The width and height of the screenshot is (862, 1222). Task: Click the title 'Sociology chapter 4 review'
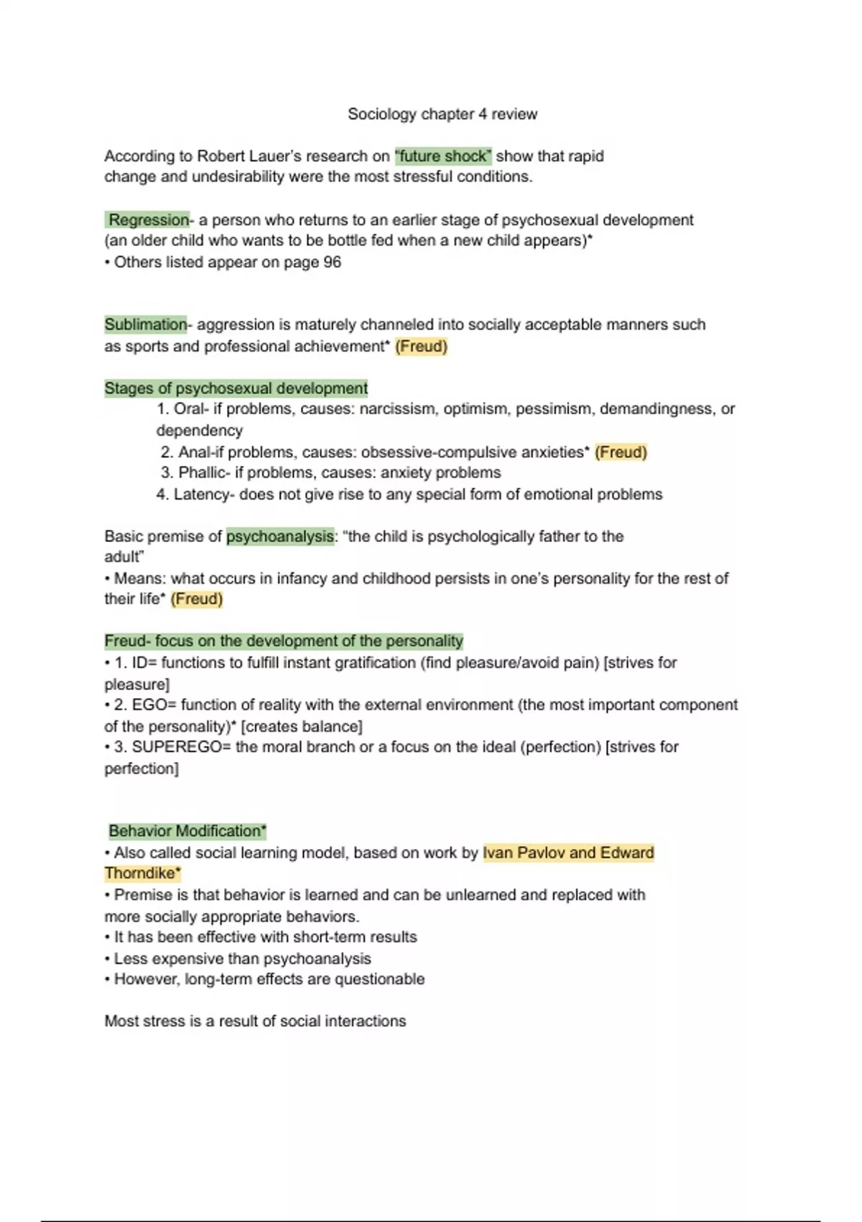point(442,114)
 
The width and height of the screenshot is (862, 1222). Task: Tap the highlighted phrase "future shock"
point(443,156)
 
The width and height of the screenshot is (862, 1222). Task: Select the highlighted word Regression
point(149,220)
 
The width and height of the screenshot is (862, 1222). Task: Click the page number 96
point(332,262)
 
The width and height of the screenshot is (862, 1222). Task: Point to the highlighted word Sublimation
point(146,324)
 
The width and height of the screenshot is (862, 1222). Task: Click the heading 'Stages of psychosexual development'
point(236,388)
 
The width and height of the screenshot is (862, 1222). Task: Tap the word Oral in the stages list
point(188,409)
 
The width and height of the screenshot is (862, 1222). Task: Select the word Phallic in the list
point(203,473)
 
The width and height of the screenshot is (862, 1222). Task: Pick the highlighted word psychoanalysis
point(280,536)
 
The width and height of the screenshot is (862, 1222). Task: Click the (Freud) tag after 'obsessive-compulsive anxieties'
point(621,452)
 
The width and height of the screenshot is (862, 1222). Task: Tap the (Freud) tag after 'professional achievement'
point(421,346)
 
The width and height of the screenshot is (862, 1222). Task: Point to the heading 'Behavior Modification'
point(186,831)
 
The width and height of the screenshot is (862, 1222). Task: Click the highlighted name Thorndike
point(139,873)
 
